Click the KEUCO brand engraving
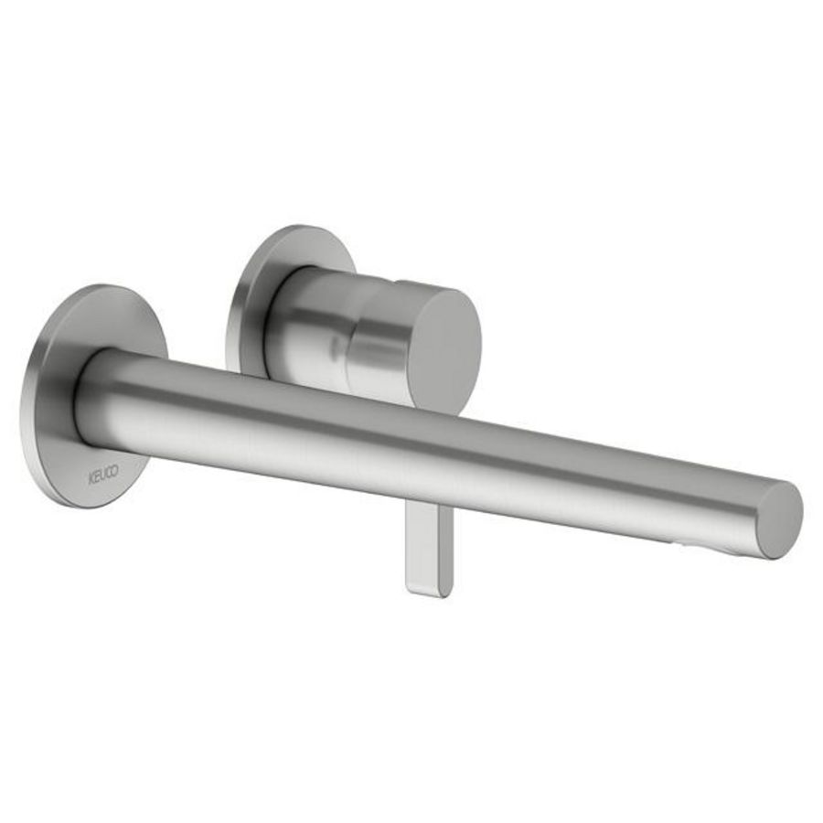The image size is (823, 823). [102, 476]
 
